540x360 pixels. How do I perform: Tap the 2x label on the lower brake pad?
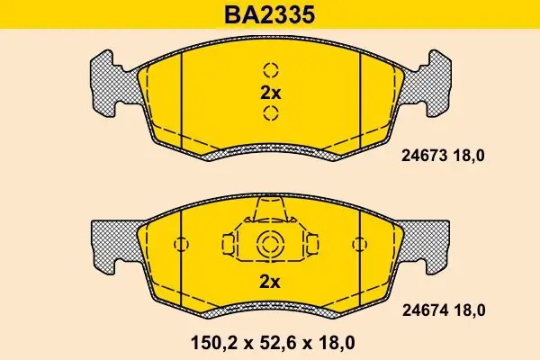click(270, 281)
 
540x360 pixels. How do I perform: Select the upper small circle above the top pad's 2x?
click(270, 70)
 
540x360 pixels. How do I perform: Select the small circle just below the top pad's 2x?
click(270, 112)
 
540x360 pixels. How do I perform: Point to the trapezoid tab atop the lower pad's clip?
click(270, 212)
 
